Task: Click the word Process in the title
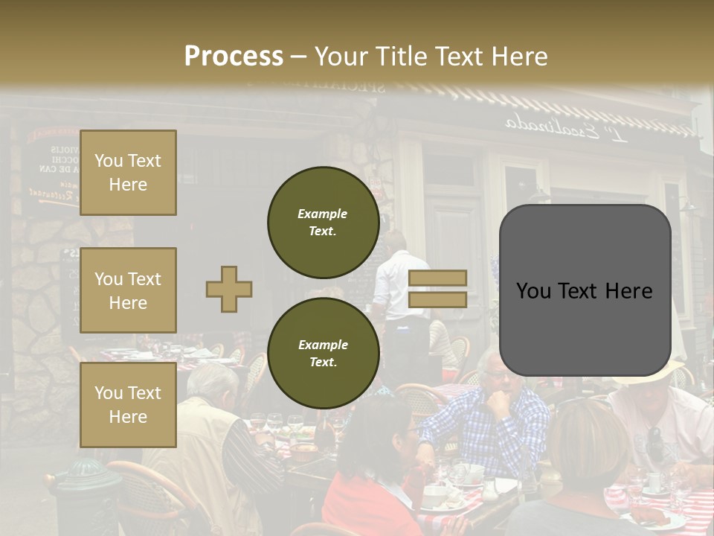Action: tap(234, 57)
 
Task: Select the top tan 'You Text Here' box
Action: tap(128, 173)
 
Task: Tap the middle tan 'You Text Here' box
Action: tap(128, 290)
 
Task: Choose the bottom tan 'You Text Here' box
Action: tap(128, 405)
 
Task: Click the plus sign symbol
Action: tap(229, 289)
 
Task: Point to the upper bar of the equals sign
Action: tap(438, 278)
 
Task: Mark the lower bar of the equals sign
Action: tap(438, 300)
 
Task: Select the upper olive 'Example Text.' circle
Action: tap(323, 222)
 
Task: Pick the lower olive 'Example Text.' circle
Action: tap(323, 353)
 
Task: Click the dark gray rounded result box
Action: tap(585, 290)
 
